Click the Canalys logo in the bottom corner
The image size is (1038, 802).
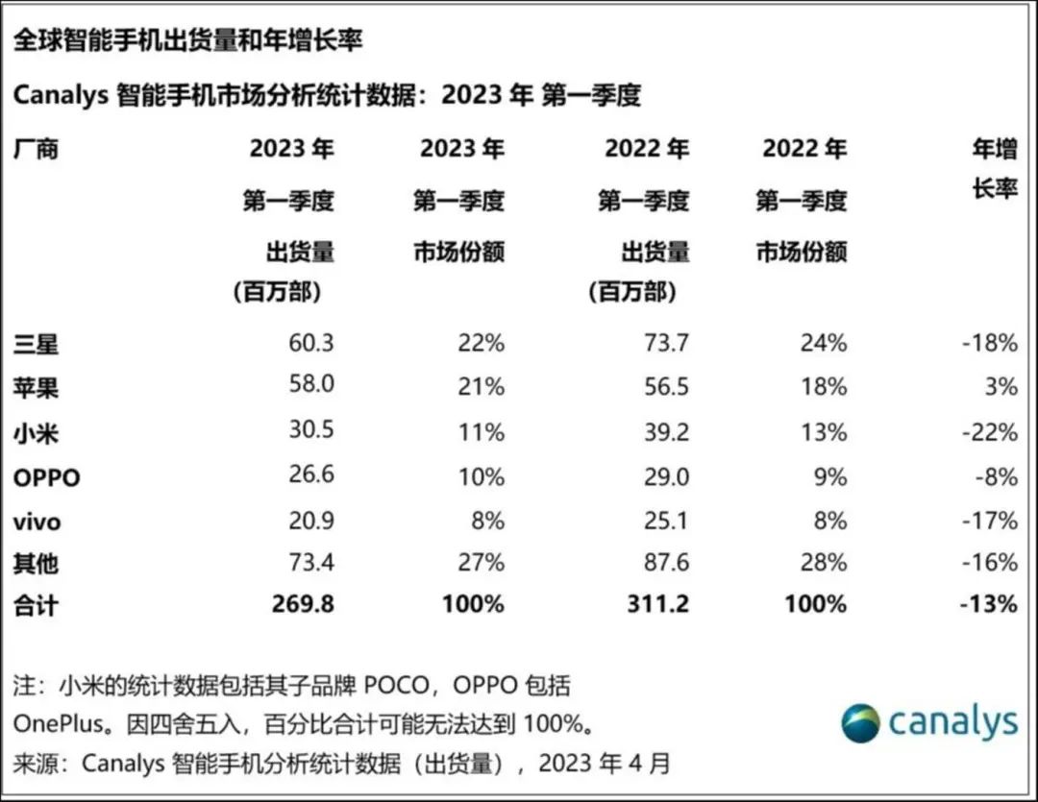tap(928, 722)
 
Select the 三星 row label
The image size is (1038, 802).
tap(37, 343)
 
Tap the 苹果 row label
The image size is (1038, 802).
tap(37, 387)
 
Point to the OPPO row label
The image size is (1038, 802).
tap(47, 477)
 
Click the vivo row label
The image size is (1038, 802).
tap(37, 522)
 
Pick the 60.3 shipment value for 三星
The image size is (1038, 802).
tap(310, 343)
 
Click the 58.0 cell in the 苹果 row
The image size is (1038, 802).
tap(310, 387)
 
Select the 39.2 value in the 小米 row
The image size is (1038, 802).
tap(666, 431)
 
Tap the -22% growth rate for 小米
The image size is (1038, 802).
tap(991, 431)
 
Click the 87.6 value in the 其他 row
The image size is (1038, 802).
tap(666, 562)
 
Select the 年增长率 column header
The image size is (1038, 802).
tap(995, 168)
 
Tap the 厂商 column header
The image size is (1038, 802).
tap(37, 149)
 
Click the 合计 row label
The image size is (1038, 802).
tap(37, 604)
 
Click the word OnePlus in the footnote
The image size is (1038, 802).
tap(55, 722)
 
